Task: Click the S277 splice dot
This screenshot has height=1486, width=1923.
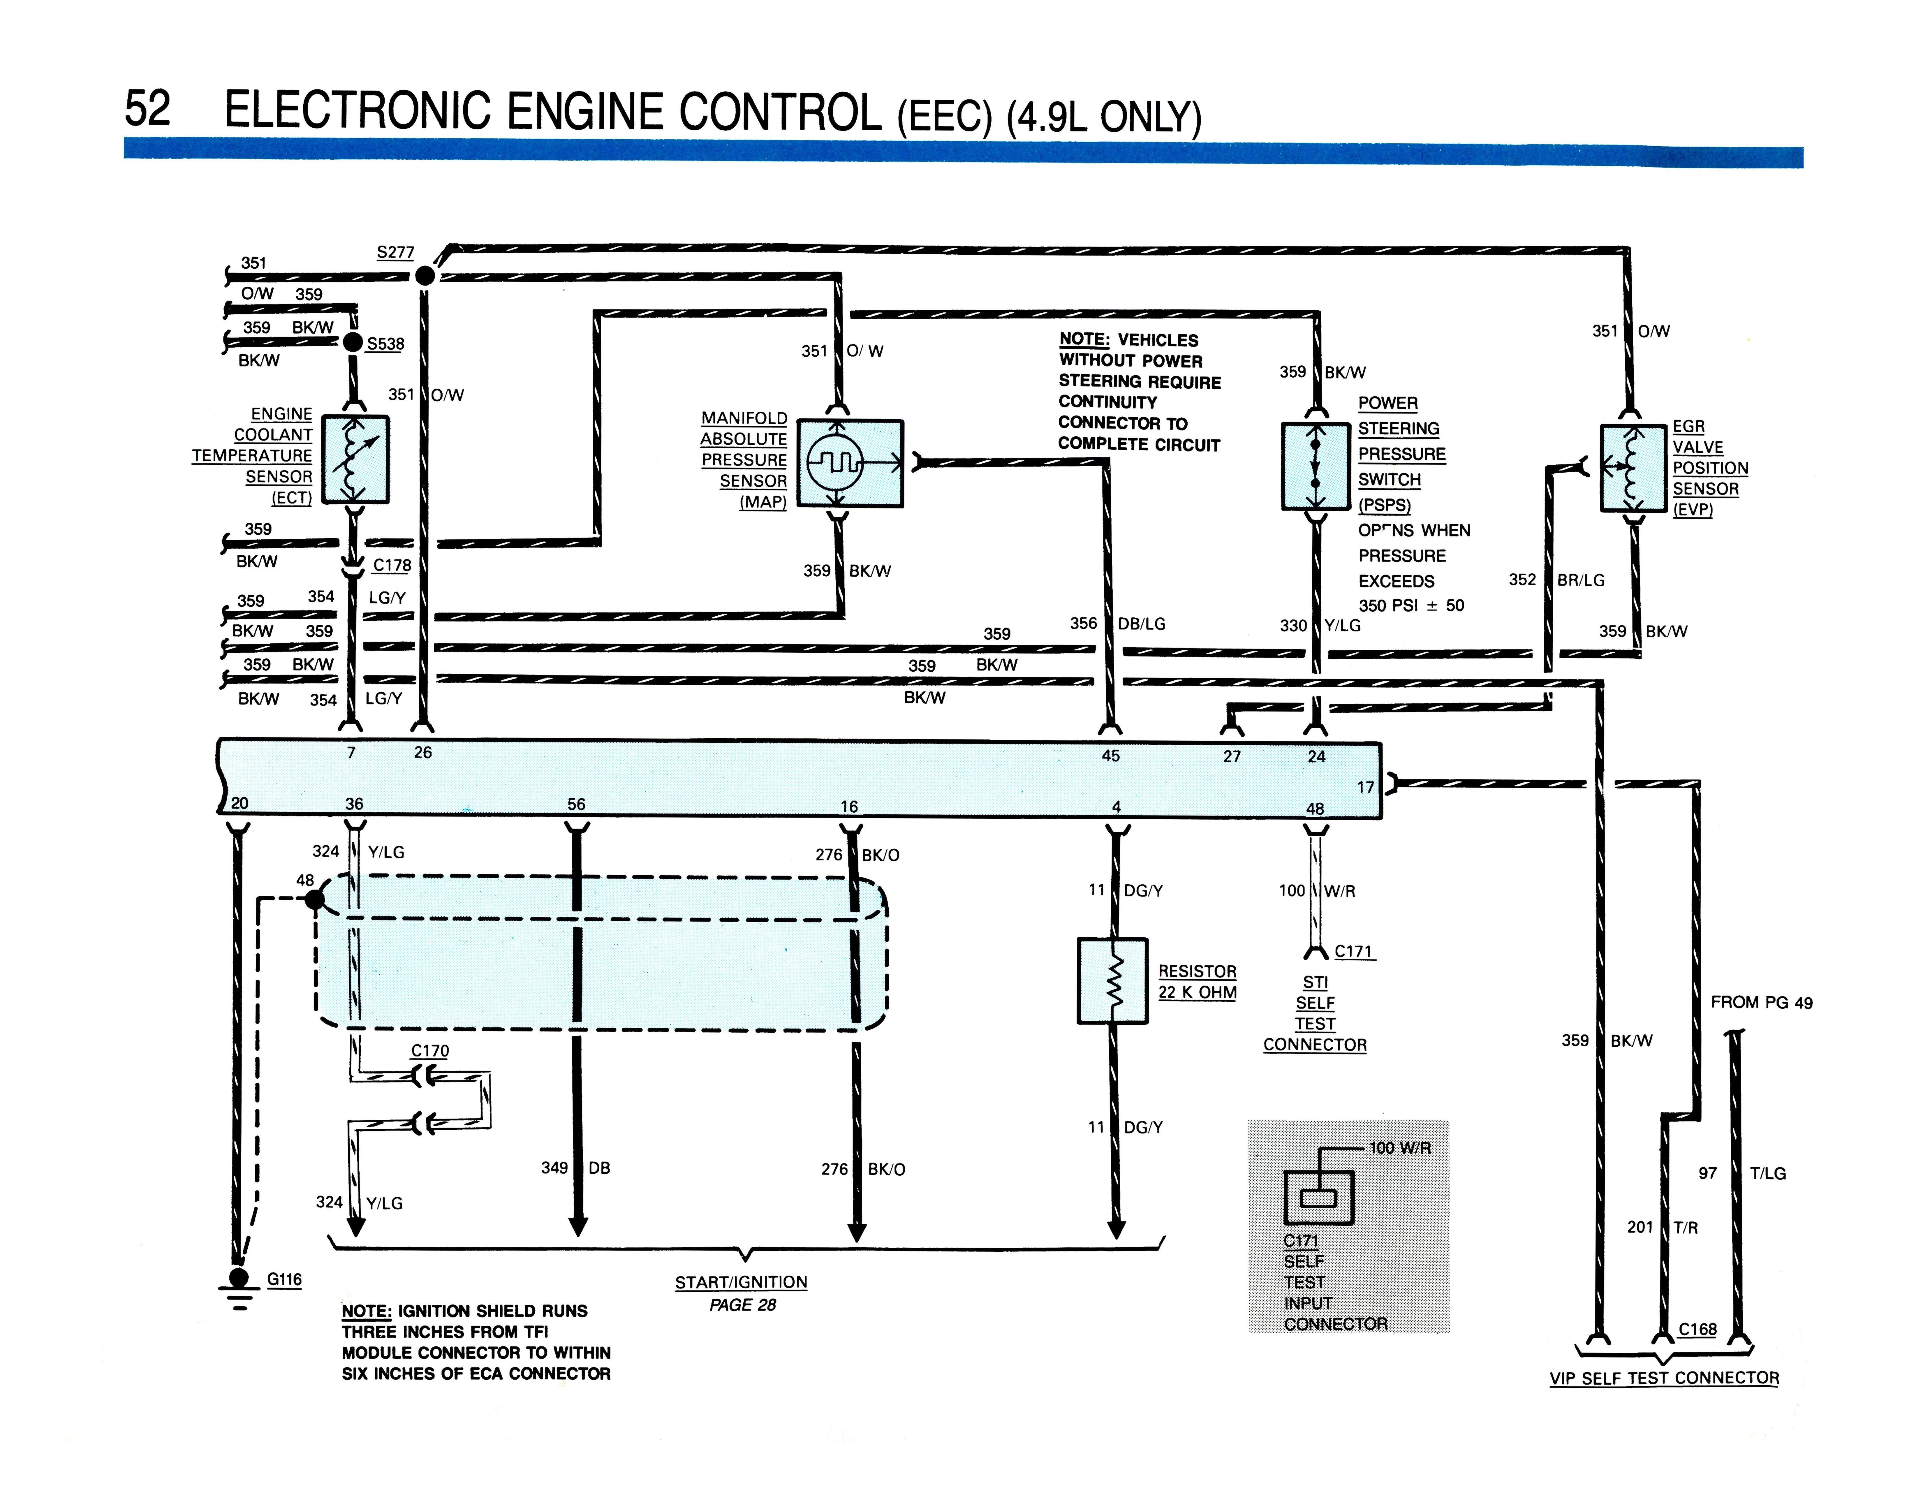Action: pyautogui.click(x=425, y=276)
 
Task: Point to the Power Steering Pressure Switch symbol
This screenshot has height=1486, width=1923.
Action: pyautogui.click(x=1316, y=466)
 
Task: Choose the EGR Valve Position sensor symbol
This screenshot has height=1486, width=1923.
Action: pyautogui.click(x=1633, y=467)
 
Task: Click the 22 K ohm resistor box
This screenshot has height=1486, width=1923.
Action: pyautogui.click(x=1113, y=981)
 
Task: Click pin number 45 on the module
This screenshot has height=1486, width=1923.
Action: pyautogui.click(x=1111, y=755)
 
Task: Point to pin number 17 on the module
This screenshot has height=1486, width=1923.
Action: pyautogui.click(x=1366, y=787)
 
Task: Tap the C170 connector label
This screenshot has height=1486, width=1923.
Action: pyautogui.click(x=430, y=1050)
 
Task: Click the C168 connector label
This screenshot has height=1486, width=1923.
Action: pyautogui.click(x=1697, y=1329)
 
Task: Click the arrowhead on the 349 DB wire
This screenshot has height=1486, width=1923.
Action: pyautogui.click(x=577, y=1226)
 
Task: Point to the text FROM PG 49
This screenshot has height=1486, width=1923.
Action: pyautogui.click(x=1762, y=1002)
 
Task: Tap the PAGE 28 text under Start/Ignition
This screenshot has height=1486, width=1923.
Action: pyautogui.click(x=742, y=1305)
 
